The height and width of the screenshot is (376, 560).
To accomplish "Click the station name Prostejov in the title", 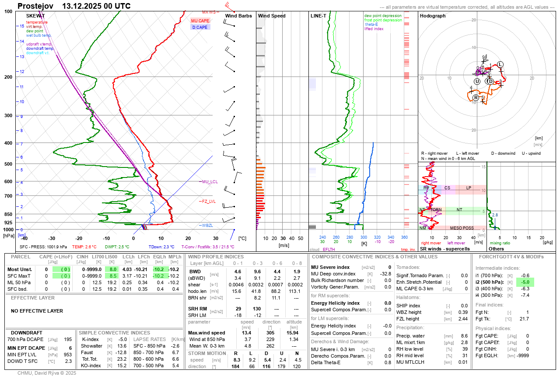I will (35, 6).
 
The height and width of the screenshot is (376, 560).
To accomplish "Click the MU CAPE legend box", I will (200, 21).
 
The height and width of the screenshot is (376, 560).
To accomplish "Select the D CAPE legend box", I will (200, 27).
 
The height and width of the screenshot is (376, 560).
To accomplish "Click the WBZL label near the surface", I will (207, 226).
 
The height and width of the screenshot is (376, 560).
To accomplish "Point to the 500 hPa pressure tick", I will (8, 164).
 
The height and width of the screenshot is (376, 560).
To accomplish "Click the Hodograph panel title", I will (433, 16).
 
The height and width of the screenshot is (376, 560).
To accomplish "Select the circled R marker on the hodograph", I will (476, 97).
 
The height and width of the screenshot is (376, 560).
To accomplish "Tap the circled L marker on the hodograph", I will (500, 64).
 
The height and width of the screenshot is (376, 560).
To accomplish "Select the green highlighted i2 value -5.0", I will (525, 282).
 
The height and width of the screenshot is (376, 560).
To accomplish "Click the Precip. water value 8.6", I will (464, 336).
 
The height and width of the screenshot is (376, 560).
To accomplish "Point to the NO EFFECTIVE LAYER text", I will (37, 311).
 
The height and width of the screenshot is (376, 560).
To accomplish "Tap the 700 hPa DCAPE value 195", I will (67, 339).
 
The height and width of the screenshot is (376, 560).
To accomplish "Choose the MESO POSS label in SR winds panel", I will (462, 228).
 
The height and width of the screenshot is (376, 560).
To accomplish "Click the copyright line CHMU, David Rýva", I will (47, 373).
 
